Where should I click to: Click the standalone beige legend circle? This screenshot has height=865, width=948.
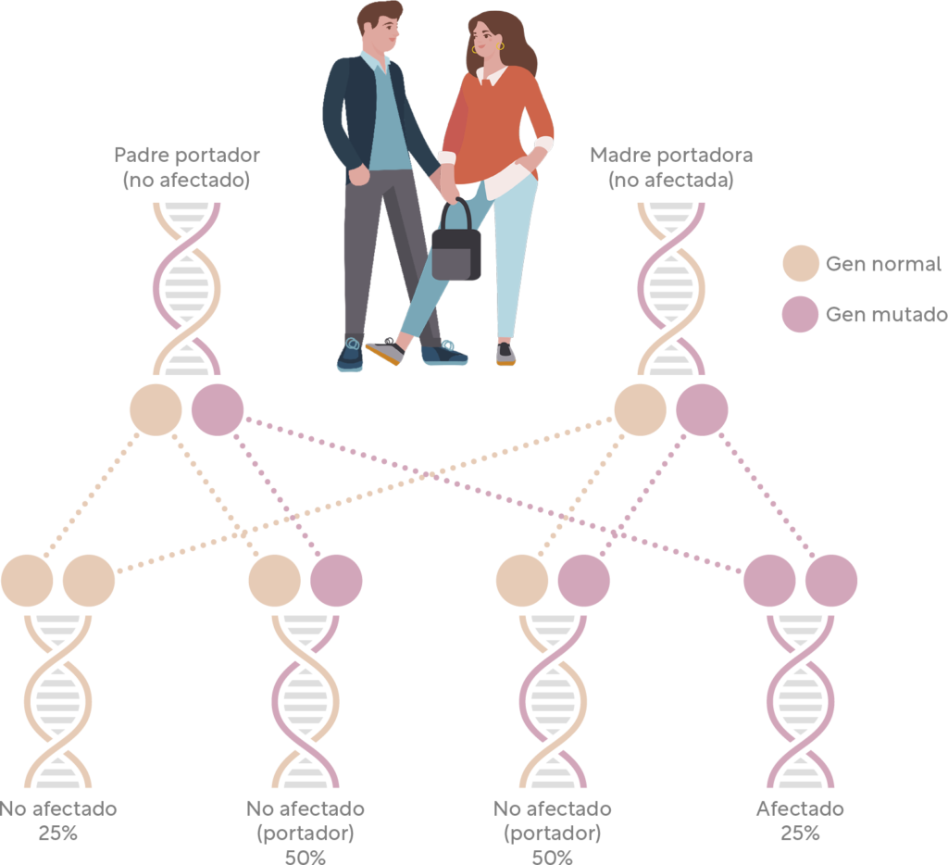tap(801, 263)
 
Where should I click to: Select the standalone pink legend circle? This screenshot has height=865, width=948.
tap(801, 314)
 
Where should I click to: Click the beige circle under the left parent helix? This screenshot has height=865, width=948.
tap(156, 409)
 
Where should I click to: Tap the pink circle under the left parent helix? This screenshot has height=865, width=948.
tap(218, 409)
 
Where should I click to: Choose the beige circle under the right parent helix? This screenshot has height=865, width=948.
tap(640, 409)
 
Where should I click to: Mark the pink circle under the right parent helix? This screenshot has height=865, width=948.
tap(702, 409)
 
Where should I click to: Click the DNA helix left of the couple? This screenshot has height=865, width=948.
tap(187, 289)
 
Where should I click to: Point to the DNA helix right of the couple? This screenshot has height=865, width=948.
tap(671, 289)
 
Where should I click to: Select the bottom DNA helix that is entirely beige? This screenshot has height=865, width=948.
tap(57, 701)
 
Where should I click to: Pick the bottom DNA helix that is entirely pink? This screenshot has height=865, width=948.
tap(801, 701)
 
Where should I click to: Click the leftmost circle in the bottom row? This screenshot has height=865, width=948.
tap(27, 581)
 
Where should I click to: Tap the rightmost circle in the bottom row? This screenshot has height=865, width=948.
tap(831, 581)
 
